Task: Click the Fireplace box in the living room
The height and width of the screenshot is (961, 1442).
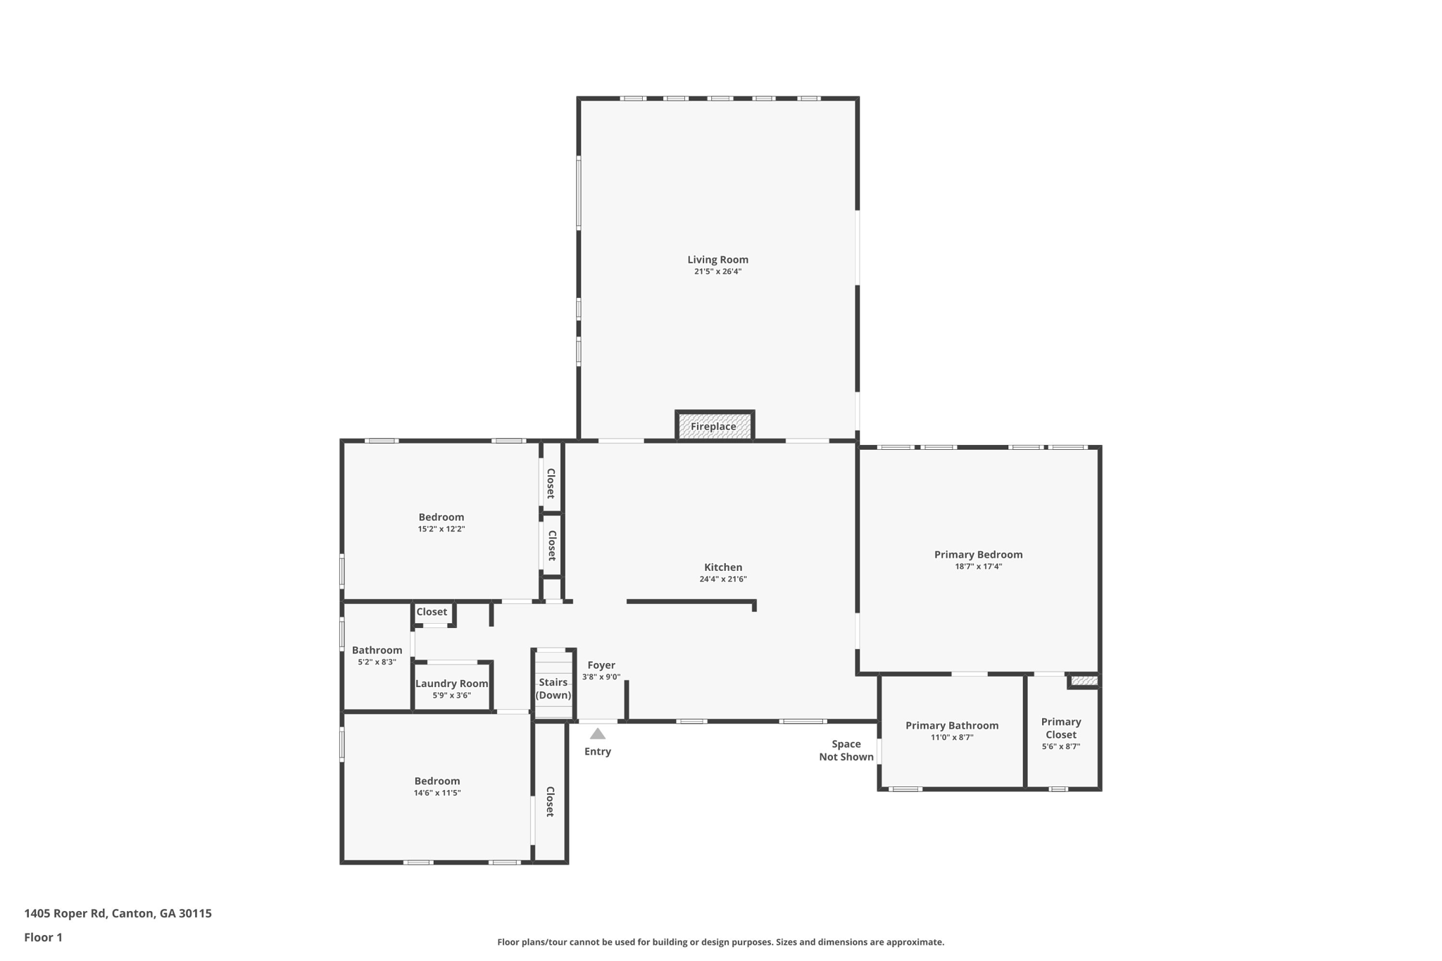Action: pos(714,427)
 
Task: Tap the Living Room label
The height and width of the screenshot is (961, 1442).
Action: pos(717,260)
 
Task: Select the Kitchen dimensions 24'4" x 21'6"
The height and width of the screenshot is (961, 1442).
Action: pos(722,579)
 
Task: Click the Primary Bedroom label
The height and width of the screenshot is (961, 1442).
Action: pos(978,555)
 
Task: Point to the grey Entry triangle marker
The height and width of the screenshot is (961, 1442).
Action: pos(597,734)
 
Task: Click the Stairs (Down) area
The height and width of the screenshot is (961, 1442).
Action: pos(553,689)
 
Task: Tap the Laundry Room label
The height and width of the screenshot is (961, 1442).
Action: pos(451,684)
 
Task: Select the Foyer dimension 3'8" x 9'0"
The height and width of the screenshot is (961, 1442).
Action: pos(601,677)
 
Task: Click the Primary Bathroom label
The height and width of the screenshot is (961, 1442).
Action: pos(951,726)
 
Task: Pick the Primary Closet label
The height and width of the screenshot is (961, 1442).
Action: pos(1060,728)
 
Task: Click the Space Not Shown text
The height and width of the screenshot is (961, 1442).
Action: pos(846,750)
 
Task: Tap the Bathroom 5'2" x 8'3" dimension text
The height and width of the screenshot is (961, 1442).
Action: pos(377,662)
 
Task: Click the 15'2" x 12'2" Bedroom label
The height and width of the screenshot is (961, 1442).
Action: pos(441,517)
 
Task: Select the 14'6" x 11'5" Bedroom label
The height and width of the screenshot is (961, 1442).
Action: pos(437,781)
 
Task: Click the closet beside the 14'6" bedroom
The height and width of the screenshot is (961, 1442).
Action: pos(550,801)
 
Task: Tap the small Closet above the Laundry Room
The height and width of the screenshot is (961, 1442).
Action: pos(432,613)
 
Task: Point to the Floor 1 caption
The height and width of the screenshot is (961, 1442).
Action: pos(43,938)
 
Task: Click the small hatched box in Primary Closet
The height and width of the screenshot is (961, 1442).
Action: pos(1084,681)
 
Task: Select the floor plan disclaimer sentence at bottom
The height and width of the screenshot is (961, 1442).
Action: pos(720,942)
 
